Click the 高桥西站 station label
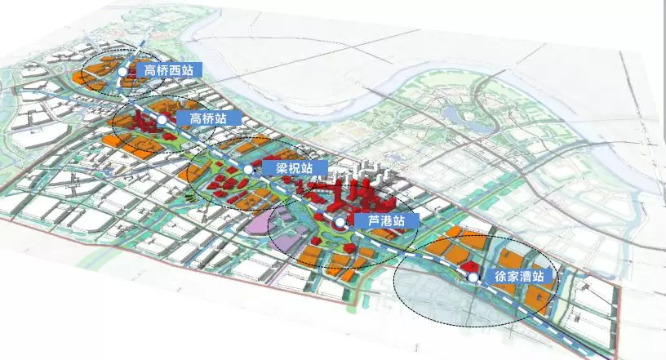[x=165, y=70]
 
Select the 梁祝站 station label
[x=295, y=168]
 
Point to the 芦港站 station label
[x=386, y=220]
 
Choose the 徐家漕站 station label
[x=522, y=277]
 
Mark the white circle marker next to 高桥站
[x=162, y=120]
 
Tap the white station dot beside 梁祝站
[x=248, y=169]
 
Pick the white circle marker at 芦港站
[x=340, y=222]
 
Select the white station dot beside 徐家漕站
[x=473, y=278]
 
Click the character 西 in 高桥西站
[x=173, y=70]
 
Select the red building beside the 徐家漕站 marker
[x=467, y=267]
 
